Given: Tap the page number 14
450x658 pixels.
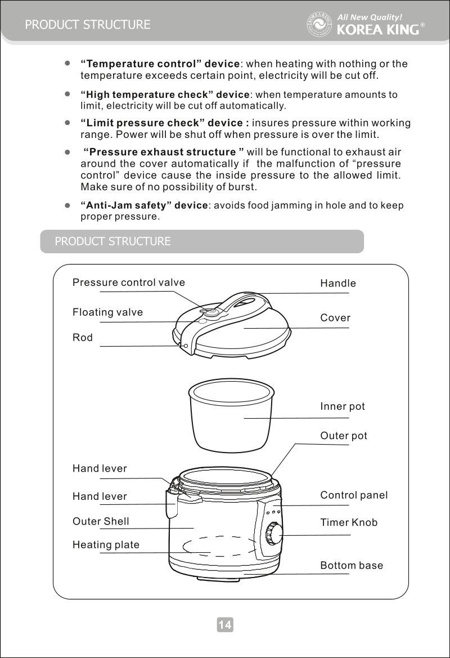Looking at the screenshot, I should tap(225, 624).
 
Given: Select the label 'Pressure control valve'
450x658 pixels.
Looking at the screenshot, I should tap(129, 283).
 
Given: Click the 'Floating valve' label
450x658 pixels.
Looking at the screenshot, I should tap(107, 312).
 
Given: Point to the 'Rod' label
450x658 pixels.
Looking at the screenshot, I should tap(83, 338).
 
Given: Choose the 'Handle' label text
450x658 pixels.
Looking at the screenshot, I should tap(338, 284).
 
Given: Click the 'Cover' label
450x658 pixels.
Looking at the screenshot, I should tap(335, 318).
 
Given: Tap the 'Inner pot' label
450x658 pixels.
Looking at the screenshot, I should tap(343, 406).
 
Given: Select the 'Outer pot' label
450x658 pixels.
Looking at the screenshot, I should tap(344, 436).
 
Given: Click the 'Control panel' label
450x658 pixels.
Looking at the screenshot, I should tap(354, 495).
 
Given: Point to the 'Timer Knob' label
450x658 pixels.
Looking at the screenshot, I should tap(349, 523).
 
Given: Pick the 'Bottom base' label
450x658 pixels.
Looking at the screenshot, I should tap(352, 565).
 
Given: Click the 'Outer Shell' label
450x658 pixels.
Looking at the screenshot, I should tap(101, 522).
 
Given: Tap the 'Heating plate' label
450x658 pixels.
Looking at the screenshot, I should tap(106, 545).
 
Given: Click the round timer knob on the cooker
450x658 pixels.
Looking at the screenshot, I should tap(274, 533).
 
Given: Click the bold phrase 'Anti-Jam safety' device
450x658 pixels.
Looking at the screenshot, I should tap(145, 205).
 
